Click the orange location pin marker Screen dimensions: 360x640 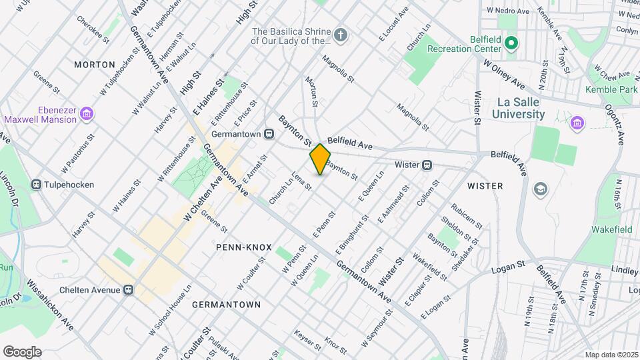pyautogui.click(x=320, y=159)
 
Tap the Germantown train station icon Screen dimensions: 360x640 pyautogui.click(x=269, y=133)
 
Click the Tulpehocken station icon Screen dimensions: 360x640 pyautogui.click(x=37, y=185)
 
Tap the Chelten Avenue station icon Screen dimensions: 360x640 pyautogui.click(x=128, y=290)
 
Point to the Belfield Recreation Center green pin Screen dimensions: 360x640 pyautogui.click(x=511, y=44)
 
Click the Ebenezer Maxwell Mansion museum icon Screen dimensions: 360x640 pyautogui.click(x=86, y=115)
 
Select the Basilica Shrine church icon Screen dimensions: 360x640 pyautogui.click(x=341, y=35)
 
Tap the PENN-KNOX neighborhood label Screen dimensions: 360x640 pyautogui.click(x=244, y=247)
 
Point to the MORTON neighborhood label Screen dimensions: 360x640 pyautogui.click(x=90, y=65)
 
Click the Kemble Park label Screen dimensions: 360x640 pyautogui.click(x=611, y=89)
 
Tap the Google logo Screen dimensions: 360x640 pyautogui.click(x=22, y=351)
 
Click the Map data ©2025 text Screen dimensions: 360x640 pyautogui.click(x=611, y=355)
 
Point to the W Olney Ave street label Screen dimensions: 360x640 pyautogui.click(x=504, y=73)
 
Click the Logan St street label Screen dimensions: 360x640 pyautogui.click(x=509, y=268)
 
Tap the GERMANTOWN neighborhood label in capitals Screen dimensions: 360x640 pyautogui.click(x=226, y=305)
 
